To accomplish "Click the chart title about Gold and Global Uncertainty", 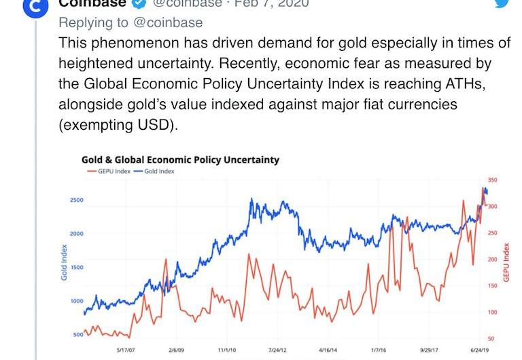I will point(180,160).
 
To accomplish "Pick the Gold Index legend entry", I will point(155,171).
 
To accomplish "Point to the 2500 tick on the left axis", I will point(76,200).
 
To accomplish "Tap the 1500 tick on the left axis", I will point(76,268).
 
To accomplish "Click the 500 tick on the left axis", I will point(77,335).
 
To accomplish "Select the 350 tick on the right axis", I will point(492,181).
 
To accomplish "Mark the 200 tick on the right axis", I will point(492,259).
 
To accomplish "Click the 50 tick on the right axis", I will point(491,338).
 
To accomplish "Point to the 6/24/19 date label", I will point(479,350).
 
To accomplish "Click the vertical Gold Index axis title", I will point(64,262).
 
